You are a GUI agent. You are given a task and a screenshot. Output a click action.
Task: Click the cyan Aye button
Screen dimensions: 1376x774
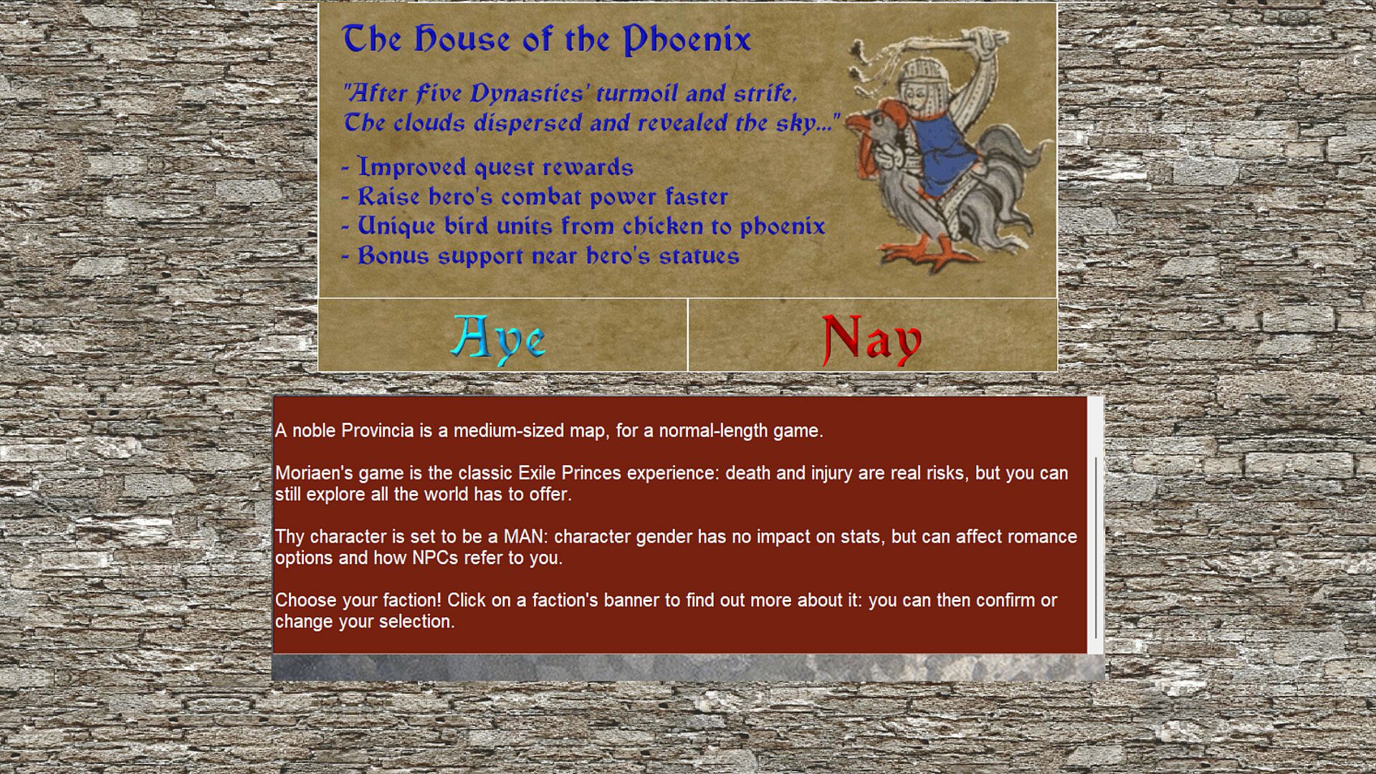(x=499, y=338)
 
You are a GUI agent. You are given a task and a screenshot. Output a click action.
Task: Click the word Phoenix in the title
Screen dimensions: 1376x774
(x=687, y=39)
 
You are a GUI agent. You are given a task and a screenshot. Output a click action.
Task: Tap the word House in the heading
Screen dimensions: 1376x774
(x=462, y=39)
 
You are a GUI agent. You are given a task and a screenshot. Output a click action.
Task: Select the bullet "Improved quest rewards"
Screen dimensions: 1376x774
(x=487, y=167)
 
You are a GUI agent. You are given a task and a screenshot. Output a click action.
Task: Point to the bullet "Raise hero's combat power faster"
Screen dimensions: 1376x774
(x=535, y=196)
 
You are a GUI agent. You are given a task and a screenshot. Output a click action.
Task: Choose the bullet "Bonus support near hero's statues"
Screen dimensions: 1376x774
(x=540, y=256)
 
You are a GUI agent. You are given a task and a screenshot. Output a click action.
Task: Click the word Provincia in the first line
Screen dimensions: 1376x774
(x=378, y=431)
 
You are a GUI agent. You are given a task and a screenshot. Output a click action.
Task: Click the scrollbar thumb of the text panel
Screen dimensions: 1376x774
(x=1096, y=548)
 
